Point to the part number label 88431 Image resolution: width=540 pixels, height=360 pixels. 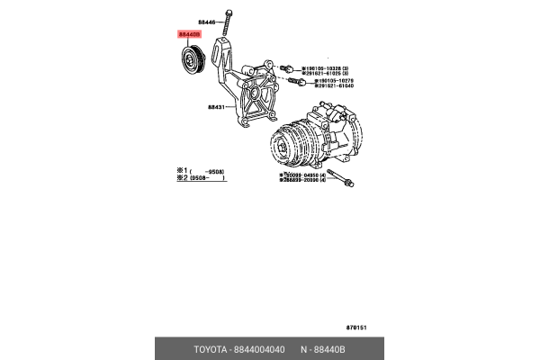pos(218,106)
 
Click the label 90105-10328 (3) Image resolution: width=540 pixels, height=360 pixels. pos(336,67)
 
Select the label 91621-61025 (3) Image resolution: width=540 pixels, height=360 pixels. pos(336,74)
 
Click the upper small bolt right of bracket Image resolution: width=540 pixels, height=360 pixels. pos(287,68)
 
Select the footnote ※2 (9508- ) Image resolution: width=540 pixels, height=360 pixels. pos(200,177)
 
